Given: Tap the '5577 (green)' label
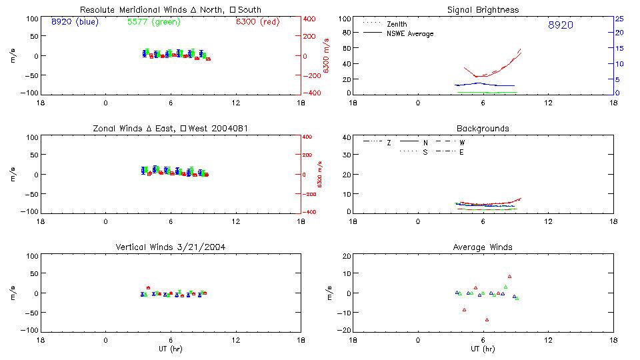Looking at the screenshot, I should [153, 22].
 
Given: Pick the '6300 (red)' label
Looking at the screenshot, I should [257, 22].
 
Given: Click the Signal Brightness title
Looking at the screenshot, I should [483, 10].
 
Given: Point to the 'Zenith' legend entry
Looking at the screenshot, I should [397, 24].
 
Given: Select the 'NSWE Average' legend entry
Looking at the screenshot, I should [410, 33].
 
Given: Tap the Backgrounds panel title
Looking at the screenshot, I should [483, 128].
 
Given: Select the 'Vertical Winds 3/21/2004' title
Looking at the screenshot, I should [171, 247].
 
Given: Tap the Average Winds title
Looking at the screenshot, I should [483, 247].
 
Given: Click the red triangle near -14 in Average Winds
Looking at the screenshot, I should [487, 319].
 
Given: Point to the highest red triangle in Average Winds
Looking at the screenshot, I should [509, 276].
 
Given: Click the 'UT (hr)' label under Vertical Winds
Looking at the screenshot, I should [171, 349].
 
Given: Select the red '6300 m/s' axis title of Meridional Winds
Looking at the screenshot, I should [326, 55].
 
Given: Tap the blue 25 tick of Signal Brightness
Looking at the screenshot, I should [618, 19].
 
